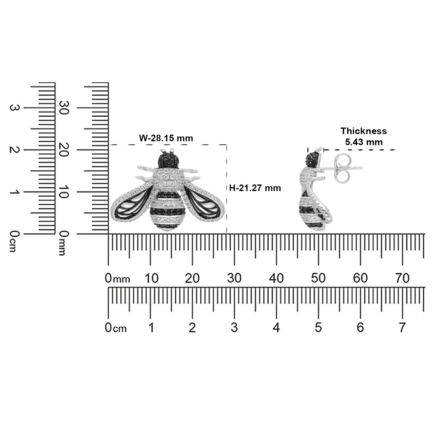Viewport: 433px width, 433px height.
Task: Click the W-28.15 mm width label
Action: click(x=166, y=138)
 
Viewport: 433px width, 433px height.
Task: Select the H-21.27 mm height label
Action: click(x=255, y=188)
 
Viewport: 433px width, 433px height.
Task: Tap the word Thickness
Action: click(x=364, y=131)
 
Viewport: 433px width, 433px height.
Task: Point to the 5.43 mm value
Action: click(x=364, y=142)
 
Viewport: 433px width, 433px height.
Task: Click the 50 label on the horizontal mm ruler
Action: click(x=318, y=278)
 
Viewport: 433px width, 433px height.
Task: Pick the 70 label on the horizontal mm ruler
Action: click(x=402, y=278)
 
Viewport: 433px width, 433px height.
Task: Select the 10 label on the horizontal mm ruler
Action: click(x=151, y=278)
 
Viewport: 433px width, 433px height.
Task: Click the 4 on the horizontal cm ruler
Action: click(x=276, y=328)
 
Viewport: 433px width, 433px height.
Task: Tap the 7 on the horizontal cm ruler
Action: click(x=402, y=328)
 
